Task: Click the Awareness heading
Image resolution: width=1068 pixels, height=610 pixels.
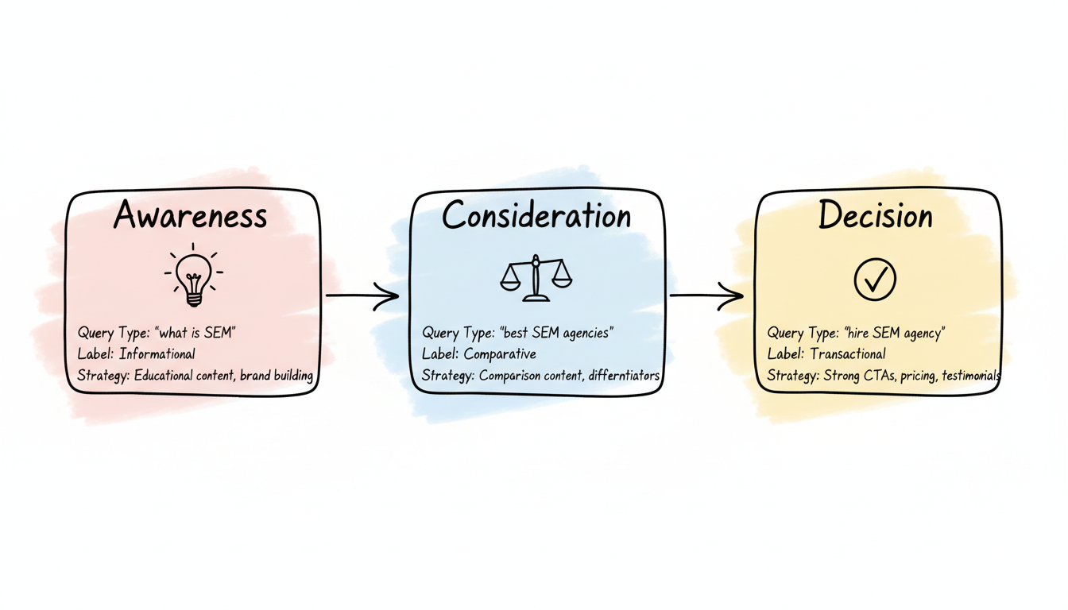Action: pyautogui.click(x=191, y=216)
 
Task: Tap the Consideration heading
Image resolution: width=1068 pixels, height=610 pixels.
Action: pyautogui.click(x=536, y=216)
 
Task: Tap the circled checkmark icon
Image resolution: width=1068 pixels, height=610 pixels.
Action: pyautogui.click(x=875, y=279)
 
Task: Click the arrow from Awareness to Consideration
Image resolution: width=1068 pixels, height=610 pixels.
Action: pyautogui.click(x=362, y=297)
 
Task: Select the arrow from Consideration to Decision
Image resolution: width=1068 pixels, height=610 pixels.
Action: pyautogui.click(x=706, y=296)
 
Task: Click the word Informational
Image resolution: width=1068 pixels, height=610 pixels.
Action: pyautogui.click(x=157, y=354)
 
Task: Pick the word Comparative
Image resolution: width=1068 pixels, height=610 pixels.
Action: pyautogui.click(x=500, y=354)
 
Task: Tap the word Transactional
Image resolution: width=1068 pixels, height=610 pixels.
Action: pyautogui.click(x=848, y=354)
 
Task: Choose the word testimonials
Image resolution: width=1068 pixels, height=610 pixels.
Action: pyautogui.click(x=970, y=376)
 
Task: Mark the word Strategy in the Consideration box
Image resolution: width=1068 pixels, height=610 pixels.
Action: pyautogui.click(x=447, y=376)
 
